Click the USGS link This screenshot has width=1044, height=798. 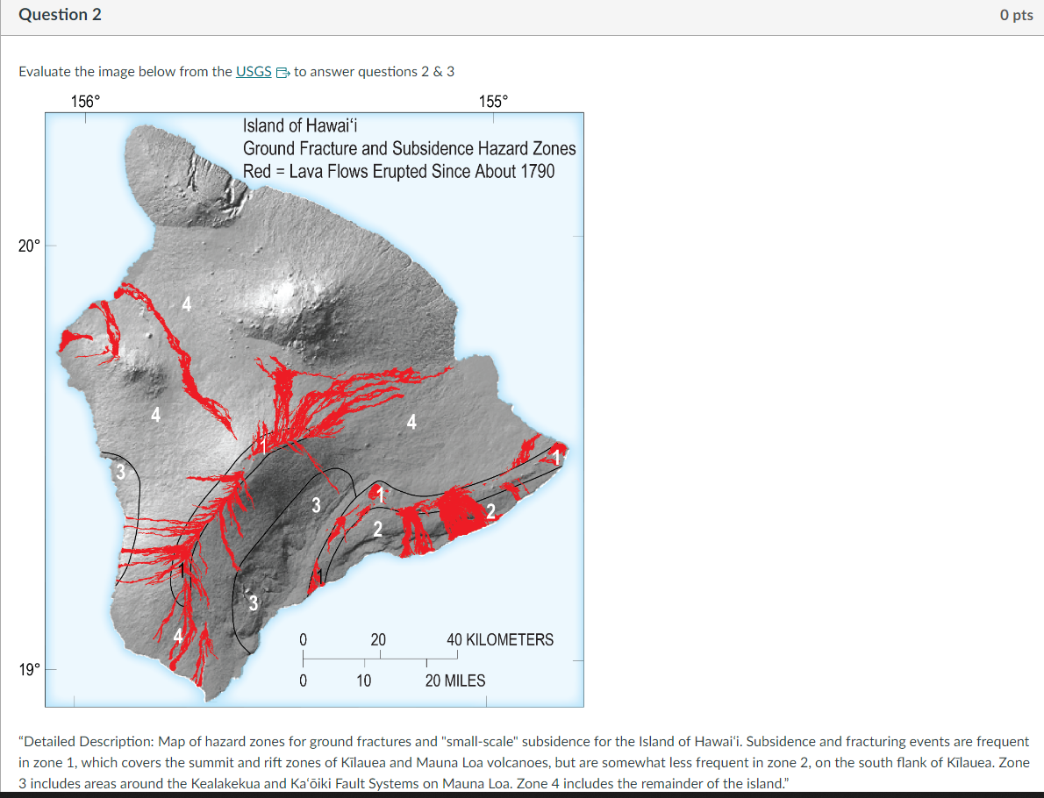tap(254, 72)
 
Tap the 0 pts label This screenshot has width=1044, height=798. tap(1016, 16)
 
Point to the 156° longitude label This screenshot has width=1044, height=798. tap(85, 101)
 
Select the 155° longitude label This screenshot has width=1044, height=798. tap(493, 101)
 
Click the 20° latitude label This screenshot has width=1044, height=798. tap(28, 246)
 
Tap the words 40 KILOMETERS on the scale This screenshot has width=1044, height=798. tap(500, 639)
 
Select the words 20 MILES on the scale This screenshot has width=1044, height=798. tap(454, 680)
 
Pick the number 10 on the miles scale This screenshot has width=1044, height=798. tap(363, 680)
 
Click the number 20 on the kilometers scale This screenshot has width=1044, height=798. tap(377, 639)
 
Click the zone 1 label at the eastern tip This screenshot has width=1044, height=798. tap(556, 455)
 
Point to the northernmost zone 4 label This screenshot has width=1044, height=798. tap(185, 305)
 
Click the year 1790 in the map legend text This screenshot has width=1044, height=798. tap(538, 172)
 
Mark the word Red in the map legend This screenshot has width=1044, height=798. tap(256, 172)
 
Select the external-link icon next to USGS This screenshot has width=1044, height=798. tap(282, 73)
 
